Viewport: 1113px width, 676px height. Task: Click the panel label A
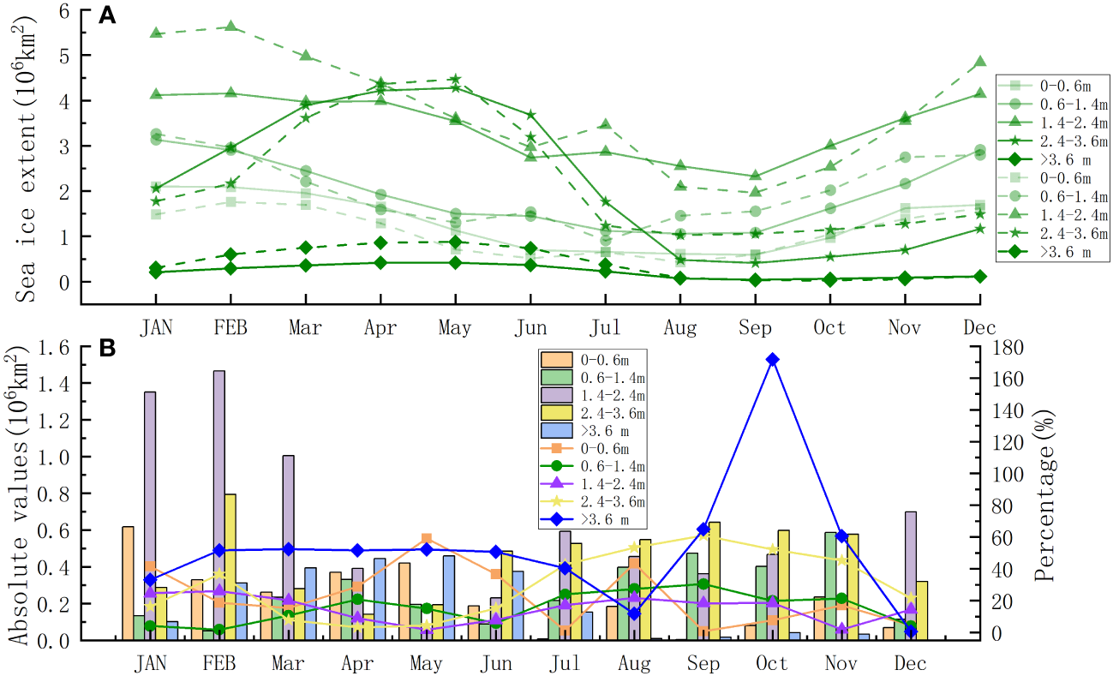click(x=108, y=15)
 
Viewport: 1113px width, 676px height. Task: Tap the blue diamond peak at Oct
click(x=772, y=360)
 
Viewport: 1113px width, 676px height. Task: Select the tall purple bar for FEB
click(x=219, y=506)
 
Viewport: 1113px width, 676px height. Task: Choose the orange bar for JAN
click(x=128, y=583)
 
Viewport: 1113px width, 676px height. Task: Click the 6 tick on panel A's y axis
click(x=64, y=10)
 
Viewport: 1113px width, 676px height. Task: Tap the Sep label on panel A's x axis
click(x=755, y=328)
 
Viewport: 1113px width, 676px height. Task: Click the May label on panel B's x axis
click(x=426, y=664)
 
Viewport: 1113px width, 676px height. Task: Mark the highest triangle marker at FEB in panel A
click(x=230, y=27)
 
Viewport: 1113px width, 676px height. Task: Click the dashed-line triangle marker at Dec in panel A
click(x=980, y=62)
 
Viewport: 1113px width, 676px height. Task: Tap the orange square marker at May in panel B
click(x=427, y=539)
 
